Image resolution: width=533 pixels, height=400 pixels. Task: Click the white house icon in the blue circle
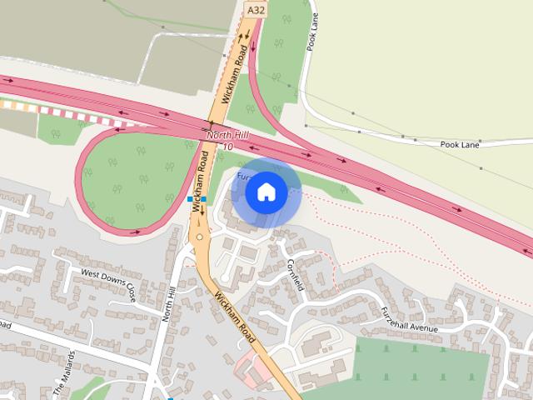266,192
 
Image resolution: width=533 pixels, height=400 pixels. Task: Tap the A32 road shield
256,9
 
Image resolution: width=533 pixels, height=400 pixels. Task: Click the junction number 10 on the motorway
227,147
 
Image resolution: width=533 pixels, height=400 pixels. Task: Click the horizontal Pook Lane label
460,144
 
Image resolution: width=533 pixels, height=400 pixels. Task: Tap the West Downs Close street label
107,283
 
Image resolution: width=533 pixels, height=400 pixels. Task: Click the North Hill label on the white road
170,302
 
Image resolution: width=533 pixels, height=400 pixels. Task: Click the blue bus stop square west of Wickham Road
191,200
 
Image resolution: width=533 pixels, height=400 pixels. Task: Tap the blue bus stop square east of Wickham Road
203,199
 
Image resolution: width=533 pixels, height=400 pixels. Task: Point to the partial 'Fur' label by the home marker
243,177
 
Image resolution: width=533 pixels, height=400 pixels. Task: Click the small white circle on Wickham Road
199,238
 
